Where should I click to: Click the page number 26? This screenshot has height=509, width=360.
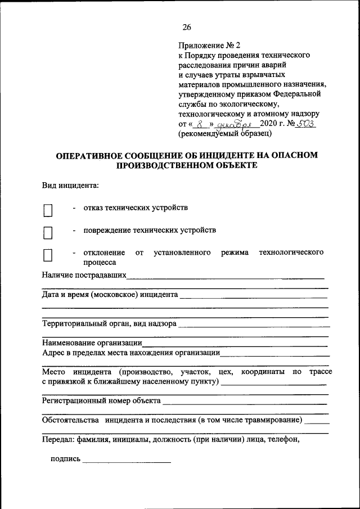187,26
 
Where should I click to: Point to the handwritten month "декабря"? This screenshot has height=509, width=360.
237,124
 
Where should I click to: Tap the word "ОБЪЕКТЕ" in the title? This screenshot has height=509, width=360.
236,165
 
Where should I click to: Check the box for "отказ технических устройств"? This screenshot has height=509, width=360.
48,210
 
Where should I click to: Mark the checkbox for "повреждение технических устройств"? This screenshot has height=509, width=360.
48,233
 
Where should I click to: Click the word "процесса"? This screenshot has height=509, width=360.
100,262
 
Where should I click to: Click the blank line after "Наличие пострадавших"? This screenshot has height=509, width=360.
225,277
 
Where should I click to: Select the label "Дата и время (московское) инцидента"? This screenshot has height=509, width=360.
110,294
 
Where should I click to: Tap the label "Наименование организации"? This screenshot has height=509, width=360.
92,343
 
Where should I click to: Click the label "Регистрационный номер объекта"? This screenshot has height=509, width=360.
101,401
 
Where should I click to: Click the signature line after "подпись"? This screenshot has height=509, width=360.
127,461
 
